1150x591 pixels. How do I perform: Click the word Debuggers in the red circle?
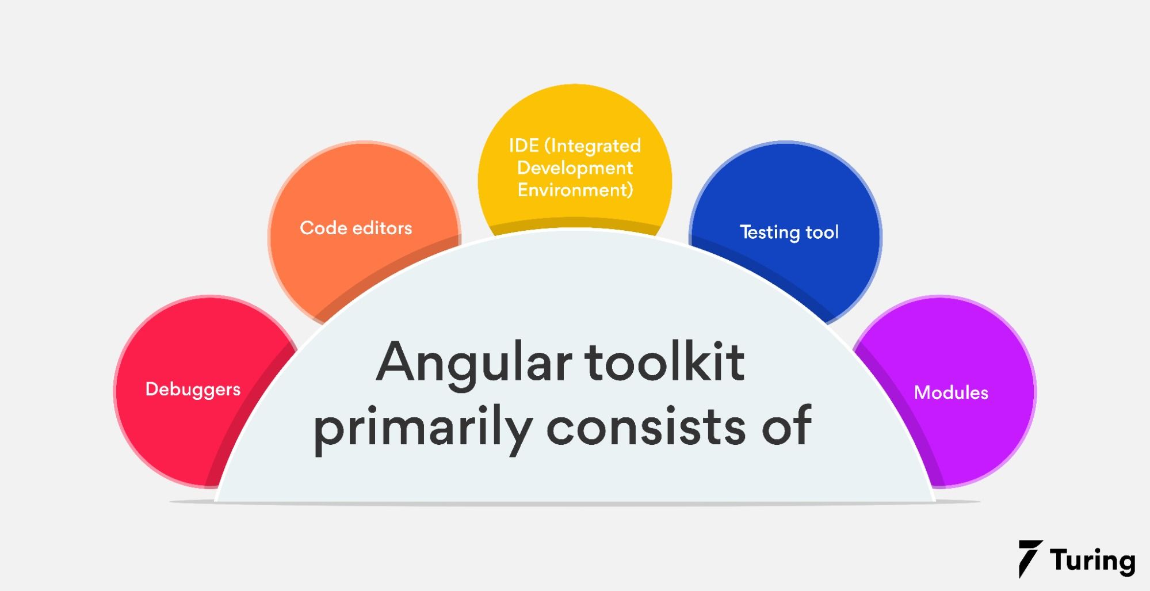tap(193, 390)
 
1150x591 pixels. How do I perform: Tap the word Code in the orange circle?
tap(322, 228)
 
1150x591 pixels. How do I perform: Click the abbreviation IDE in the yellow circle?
tap(524, 146)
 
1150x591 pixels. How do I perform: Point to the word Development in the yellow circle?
tap(575, 168)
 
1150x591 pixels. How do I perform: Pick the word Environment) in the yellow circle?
tap(575, 190)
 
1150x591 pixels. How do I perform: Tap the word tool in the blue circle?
tap(822, 232)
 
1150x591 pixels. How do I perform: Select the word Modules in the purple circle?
tap(951, 392)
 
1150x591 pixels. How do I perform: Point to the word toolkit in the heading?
tap(664, 362)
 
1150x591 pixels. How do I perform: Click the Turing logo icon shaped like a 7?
tap(1029, 558)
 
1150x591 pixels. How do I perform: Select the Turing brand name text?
tap(1092, 561)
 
